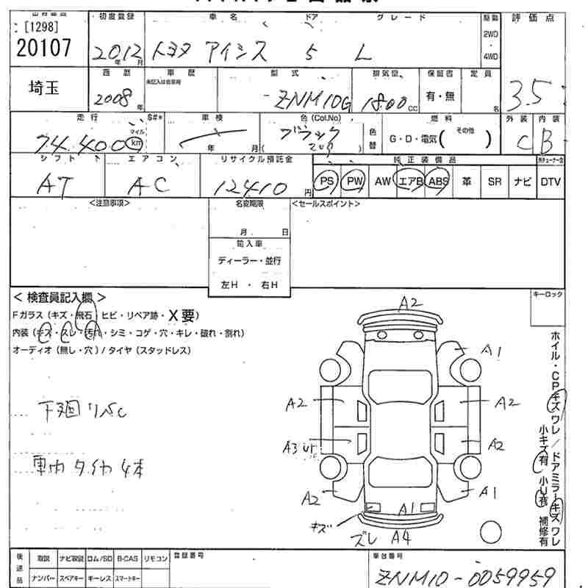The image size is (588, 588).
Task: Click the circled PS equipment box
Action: click(x=326, y=182)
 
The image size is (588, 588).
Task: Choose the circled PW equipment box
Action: click(x=355, y=182)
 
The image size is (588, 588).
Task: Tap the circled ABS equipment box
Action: click(x=439, y=182)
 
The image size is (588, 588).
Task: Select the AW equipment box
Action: click(x=382, y=182)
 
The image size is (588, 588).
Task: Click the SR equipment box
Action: click(x=495, y=182)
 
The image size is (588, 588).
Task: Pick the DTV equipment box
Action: click(x=551, y=182)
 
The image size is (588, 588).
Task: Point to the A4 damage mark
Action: click(x=401, y=534)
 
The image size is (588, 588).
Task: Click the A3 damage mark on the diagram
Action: click(x=293, y=445)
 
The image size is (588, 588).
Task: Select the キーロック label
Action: click(x=547, y=294)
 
